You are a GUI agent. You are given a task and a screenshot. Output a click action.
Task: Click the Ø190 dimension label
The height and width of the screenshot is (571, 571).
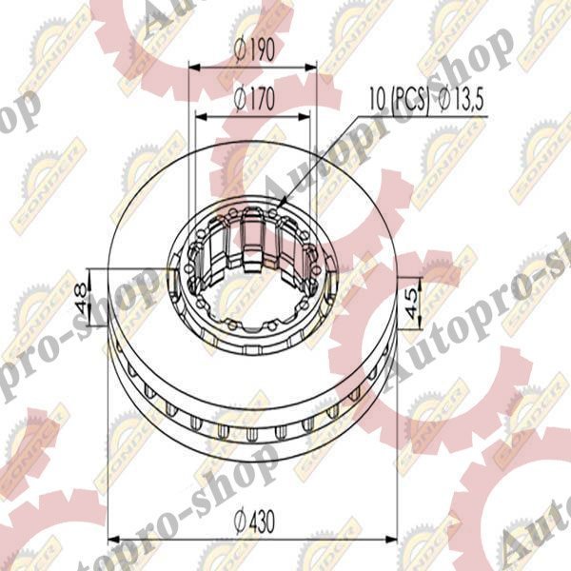253,53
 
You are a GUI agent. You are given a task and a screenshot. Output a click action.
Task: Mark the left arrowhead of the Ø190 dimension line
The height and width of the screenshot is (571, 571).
193,68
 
